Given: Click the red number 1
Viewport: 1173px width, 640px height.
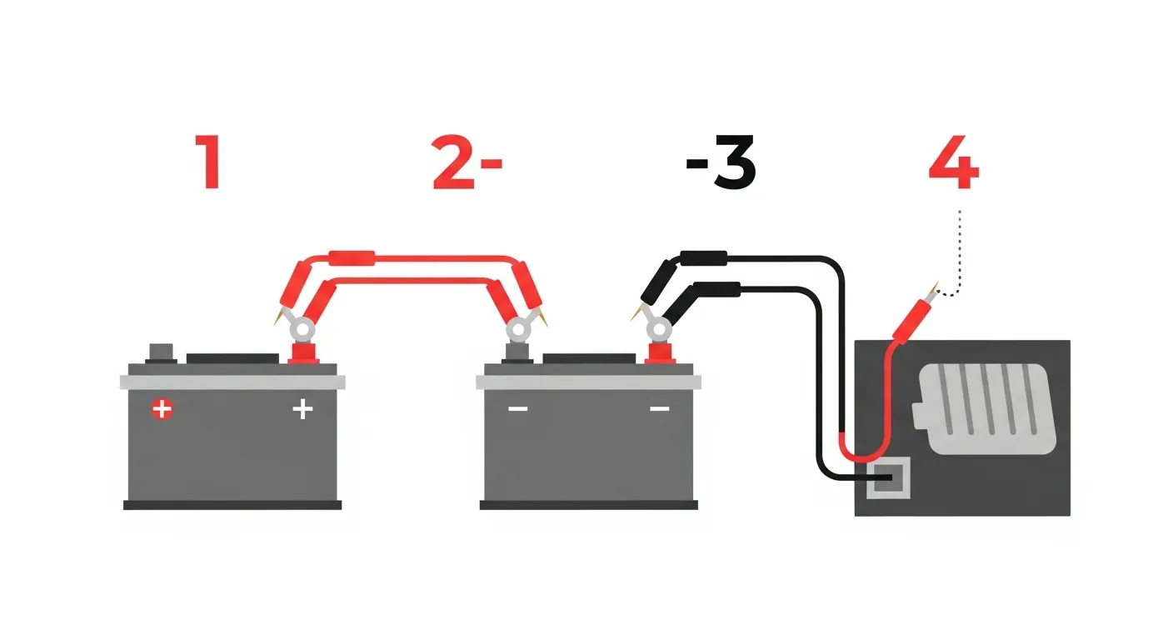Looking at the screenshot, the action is coord(209,162).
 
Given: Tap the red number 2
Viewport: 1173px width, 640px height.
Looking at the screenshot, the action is coord(453,162).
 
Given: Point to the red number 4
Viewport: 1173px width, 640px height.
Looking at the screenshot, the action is coord(954,162).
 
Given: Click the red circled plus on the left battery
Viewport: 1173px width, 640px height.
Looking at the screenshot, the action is coord(162,409).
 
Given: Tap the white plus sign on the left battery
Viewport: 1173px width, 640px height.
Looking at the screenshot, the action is coord(302,409).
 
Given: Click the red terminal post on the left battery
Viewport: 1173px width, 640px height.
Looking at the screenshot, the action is coord(304,352).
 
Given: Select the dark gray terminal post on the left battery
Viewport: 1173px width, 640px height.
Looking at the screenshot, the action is coord(161,353).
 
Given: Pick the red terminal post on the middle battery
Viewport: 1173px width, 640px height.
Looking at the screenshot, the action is coord(661,352).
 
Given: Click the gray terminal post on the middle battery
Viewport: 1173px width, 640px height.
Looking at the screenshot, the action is coord(518,352).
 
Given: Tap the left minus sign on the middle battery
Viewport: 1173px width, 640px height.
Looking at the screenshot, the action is coord(518,408).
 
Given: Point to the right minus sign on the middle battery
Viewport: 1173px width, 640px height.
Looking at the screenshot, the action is coord(659,408).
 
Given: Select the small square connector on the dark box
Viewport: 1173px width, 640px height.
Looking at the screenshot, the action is coord(888,477).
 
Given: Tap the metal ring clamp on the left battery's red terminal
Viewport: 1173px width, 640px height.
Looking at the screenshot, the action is coord(302,329).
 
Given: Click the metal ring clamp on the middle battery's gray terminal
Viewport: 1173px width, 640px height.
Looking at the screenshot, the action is coord(518,329).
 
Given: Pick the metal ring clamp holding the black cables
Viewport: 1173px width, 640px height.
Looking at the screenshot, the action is coord(658,329).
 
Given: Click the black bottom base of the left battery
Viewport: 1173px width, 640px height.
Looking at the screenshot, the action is coord(232,505).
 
